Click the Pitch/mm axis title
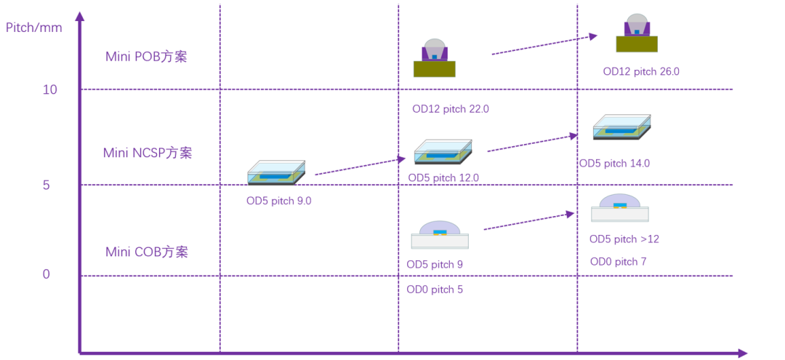coord(34,28)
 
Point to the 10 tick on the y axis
coord(50,89)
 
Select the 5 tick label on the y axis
coord(45,185)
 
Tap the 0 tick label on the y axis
coord(46,274)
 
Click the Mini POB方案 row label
coord(146,57)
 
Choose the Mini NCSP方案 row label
coord(148,153)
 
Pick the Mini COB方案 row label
coord(147,252)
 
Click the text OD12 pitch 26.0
coord(641,71)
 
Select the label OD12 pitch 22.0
coord(451,109)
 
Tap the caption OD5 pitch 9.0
coord(278,201)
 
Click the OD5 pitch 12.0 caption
coord(443,177)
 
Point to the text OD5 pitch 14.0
coord(614,163)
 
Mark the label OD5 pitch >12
coord(624,239)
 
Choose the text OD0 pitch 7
coord(618,262)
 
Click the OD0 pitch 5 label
coord(435,289)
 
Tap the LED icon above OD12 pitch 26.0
coord(637,33)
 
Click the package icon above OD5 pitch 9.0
coord(276,172)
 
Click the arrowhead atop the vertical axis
coord(80,16)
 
